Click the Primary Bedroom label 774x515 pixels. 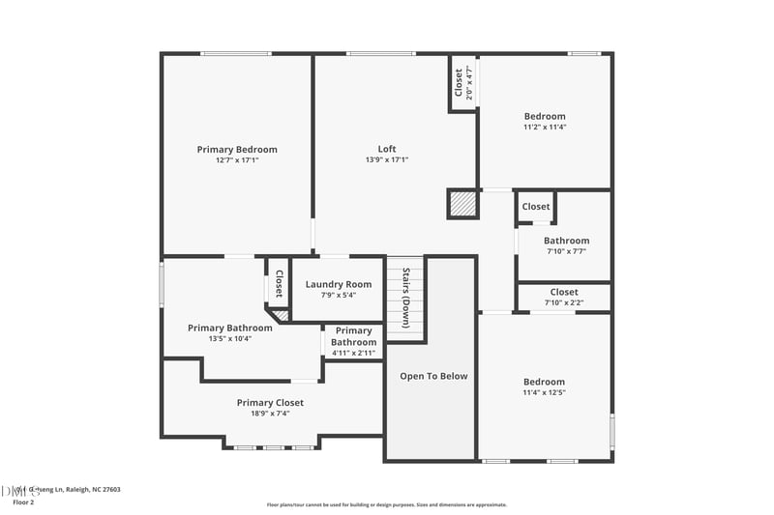click(x=237, y=149)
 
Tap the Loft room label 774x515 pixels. click(x=387, y=149)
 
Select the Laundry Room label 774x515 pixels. click(x=339, y=284)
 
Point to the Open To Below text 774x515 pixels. click(x=433, y=376)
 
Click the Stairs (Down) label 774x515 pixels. click(x=406, y=299)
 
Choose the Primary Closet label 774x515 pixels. click(x=270, y=402)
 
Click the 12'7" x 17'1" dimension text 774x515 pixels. click(x=237, y=160)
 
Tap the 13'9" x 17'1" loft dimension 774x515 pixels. click(x=387, y=160)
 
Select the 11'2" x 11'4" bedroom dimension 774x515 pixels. click(x=545, y=127)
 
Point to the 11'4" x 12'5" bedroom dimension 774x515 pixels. click(x=544, y=392)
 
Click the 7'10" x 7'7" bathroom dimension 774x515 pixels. click(x=566, y=251)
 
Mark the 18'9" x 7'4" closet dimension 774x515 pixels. click(x=270, y=414)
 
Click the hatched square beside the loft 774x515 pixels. click(x=462, y=204)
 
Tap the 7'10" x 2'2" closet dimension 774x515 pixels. click(x=564, y=302)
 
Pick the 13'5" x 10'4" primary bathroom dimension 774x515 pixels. click(x=230, y=338)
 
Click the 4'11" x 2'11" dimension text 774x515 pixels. click(x=354, y=353)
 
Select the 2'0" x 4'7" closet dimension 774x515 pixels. click(x=469, y=83)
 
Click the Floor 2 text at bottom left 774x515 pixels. click(x=22, y=502)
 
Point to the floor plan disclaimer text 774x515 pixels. click(x=386, y=504)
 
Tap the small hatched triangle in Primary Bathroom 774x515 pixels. click(x=281, y=314)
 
